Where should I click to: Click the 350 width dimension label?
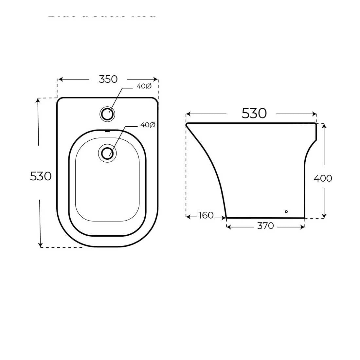(x=108, y=79)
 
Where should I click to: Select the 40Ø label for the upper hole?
(x=144, y=86)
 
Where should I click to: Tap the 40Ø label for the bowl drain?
(x=148, y=125)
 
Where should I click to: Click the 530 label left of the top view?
(x=41, y=176)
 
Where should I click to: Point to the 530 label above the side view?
(x=254, y=114)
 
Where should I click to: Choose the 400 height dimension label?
(x=323, y=178)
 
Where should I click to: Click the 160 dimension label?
(x=206, y=215)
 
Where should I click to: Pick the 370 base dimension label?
(x=265, y=226)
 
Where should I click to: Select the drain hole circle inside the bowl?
(x=107, y=153)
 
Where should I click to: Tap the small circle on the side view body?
(x=286, y=212)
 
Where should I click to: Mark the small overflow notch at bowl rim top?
(x=107, y=131)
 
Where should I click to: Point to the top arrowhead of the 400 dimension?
(x=324, y=126)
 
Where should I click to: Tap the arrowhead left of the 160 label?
(x=188, y=216)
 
